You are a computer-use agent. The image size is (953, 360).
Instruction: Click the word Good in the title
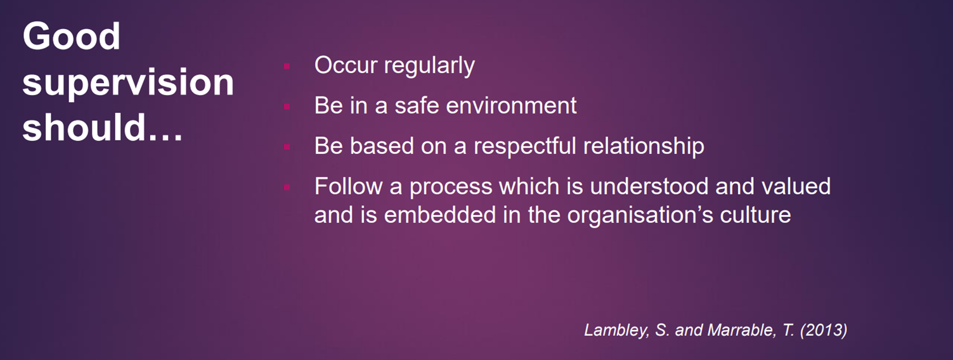[72, 36]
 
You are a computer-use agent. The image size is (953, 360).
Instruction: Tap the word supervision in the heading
[128, 82]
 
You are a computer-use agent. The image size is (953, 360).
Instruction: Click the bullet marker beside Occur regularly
[287, 67]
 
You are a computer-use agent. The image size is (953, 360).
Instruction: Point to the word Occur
[346, 65]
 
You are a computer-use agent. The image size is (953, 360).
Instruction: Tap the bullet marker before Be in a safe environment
[287, 106]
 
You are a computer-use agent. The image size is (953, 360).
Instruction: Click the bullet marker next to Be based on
[287, 147]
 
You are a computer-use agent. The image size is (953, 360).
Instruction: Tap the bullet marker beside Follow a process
[287, 187]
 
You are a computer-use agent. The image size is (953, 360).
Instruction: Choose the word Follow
[349, 186]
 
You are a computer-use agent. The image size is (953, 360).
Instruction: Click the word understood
[649, 186]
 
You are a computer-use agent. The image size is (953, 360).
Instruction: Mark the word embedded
[440, 214]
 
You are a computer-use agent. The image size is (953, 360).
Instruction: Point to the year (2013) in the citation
[824, 330]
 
